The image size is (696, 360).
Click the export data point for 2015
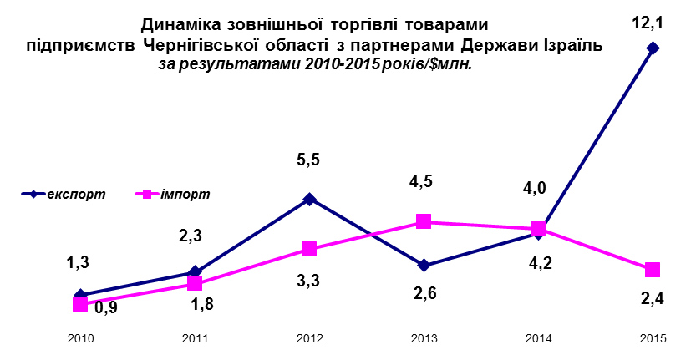coord(653,48)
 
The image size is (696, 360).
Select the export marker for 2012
coord(309,199)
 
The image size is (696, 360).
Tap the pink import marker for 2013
coord(424,221)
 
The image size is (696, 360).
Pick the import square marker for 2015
coord(653,269)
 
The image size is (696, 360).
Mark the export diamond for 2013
coord(424,266)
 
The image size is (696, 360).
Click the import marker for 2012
coord(309,249)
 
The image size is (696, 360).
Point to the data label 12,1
coord(647,23)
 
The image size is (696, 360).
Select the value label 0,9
coord(105,308)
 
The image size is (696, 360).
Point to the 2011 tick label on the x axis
coord(195,338)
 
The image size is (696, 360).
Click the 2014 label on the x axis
coord(538,338)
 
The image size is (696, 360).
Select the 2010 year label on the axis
coord(80,338)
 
